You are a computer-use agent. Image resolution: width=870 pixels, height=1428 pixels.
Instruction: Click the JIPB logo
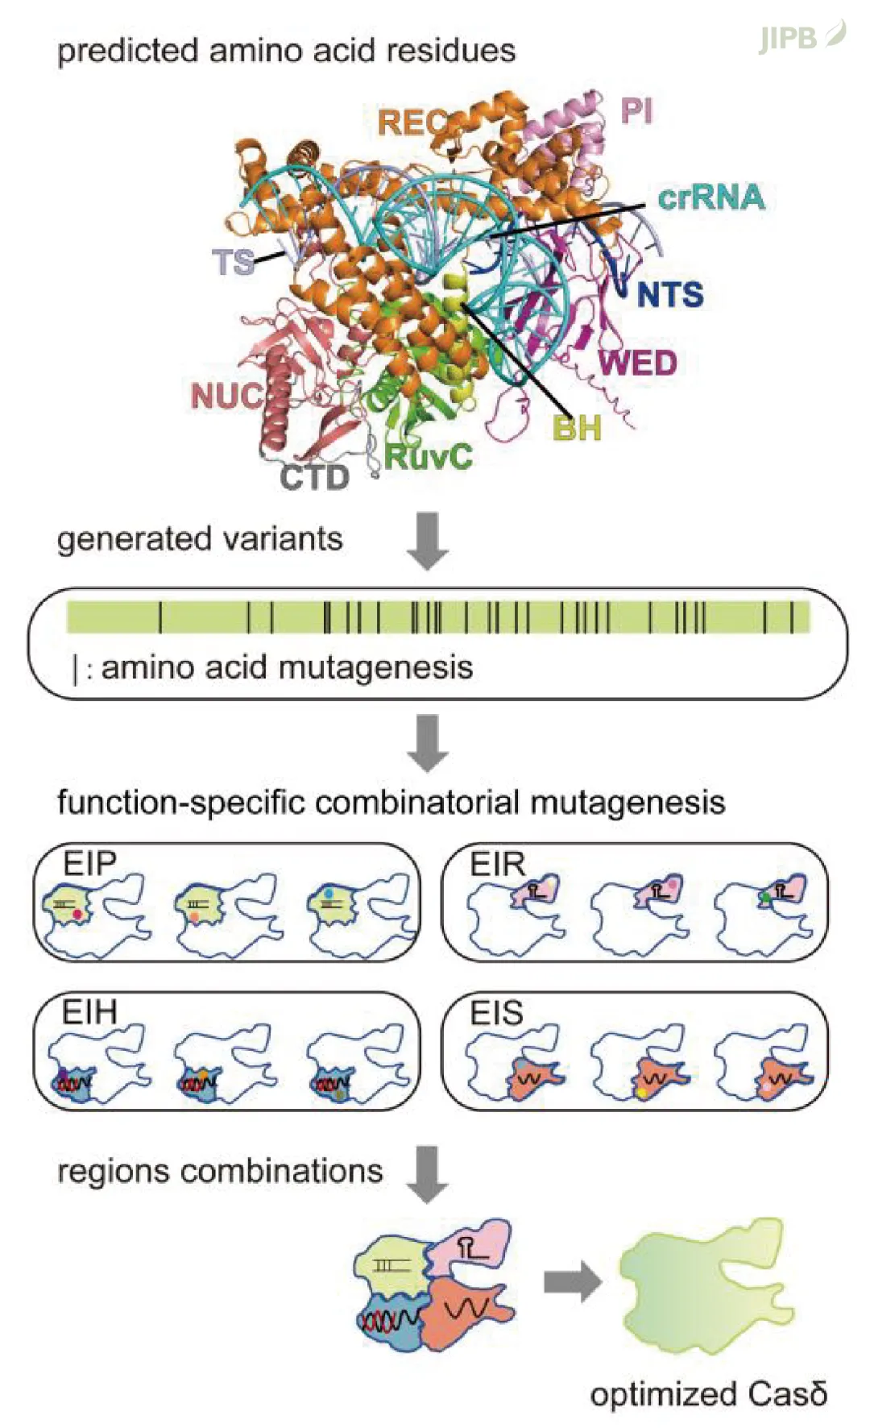pyautogui.click(x=801, y=37)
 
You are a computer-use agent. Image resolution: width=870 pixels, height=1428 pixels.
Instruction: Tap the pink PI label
pyautogui.click(x=636, y=110)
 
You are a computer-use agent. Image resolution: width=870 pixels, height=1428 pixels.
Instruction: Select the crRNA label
pyautogui.click(x=710, y=197)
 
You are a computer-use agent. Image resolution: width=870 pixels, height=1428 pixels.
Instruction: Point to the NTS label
pyautogui.click(x=670, y=295)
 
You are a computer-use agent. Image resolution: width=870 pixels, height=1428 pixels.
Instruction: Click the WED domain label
pyautogui.click(x=638, y=363)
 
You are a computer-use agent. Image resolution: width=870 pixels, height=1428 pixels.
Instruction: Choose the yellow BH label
pyautogui.click(x=577, y=428)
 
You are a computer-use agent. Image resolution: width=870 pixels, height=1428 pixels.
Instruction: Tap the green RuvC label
pyautogui.click(x=428, y=457)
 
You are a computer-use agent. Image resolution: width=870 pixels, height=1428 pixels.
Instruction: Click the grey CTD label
pyautogui.click(x=314, y=478)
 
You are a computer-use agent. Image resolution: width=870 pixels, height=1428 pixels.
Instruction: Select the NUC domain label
pyautogui.click(x=227, y=396)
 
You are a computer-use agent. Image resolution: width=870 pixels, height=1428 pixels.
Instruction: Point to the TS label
pyautogui.click(x=233, y=263)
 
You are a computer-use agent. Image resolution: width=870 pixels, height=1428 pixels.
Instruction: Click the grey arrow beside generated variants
pyautogui.click(x=427, y=540)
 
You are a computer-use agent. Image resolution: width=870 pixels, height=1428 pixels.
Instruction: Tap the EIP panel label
pyautogui.click(x=90, y=864)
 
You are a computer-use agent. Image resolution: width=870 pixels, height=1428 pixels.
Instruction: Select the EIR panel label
pyautogui.click(x=497, y=865)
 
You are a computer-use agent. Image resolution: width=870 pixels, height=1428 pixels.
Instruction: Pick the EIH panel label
pyautogui.click(x=90, y=1012)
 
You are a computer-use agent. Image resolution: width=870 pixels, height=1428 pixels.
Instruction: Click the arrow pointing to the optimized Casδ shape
pyautogui.click(x=572, y=1281)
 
